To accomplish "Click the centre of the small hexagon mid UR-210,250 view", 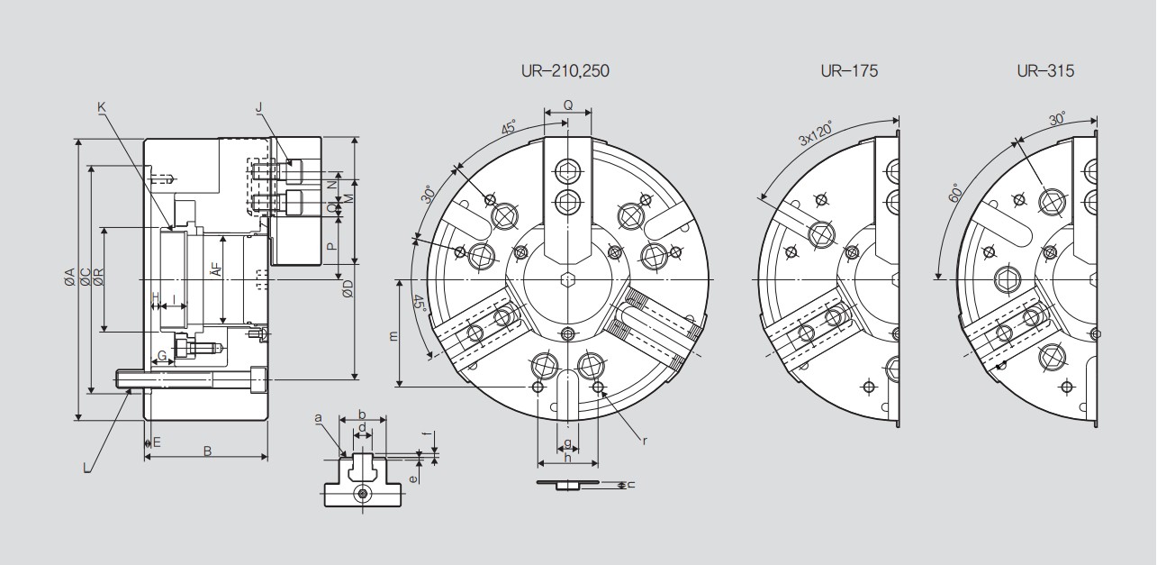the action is click(567, 279).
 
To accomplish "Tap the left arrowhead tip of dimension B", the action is click(144, 457).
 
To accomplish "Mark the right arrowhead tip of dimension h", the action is click(598, 463).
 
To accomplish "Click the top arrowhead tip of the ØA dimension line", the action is click(78, 139).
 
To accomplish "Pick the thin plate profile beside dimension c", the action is click(567, 484).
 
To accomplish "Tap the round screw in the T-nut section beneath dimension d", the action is click(363, 494).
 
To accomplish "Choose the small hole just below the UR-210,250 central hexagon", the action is click(567, 333).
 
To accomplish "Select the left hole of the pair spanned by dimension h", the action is click(538, 387).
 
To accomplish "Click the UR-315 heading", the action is click(1045, 71).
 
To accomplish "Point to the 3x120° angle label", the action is click(816, 134).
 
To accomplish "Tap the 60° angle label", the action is click(954, 192).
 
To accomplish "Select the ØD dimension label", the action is click(348, 288).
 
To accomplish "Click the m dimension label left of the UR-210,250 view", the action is click(393, 335).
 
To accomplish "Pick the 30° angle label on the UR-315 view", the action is click(1057, 119).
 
